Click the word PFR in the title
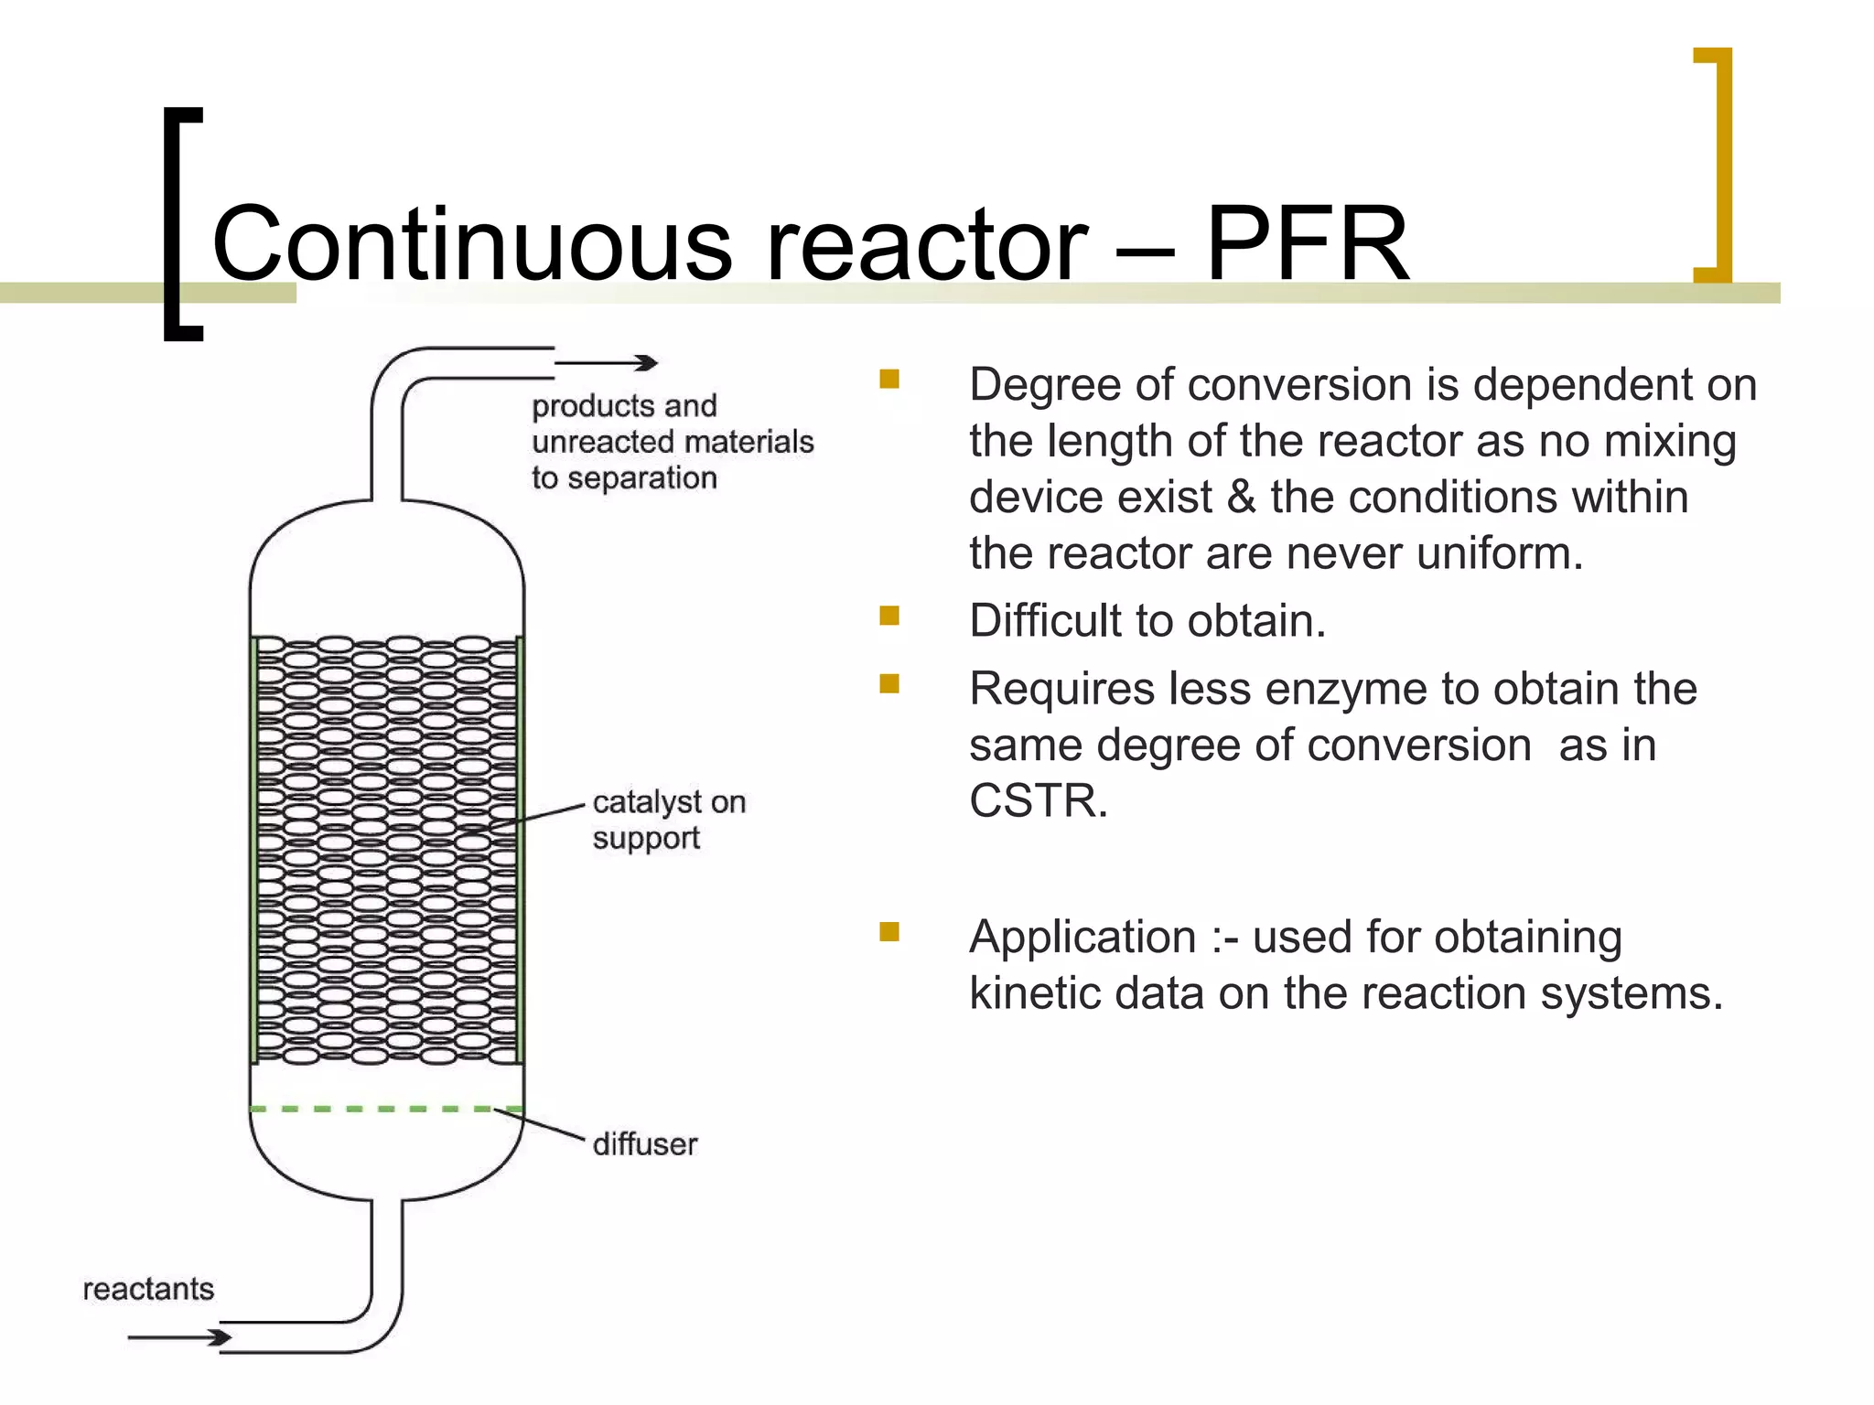tap(1307, 243)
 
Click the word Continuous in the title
tap(471, 243)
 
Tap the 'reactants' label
tap(148, 1289)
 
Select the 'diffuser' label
tap(645, 1144)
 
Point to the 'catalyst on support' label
tap(669, 820)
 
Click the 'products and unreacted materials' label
tap(672, 442)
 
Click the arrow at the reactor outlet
tap(606, 363)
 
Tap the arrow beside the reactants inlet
tap(179, 1337)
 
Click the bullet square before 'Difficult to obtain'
tap(889, 616)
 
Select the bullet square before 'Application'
tap(889, 931)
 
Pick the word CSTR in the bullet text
tap(1037, 801)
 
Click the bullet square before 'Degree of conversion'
tap(889, 379)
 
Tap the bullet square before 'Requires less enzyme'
tap(889, 683)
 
